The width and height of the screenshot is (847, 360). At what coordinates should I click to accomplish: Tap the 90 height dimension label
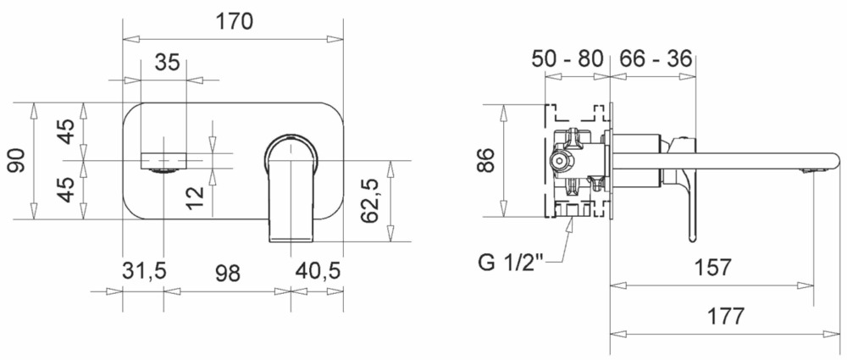tap(14, 159)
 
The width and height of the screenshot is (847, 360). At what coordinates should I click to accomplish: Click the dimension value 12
tap(196, 196)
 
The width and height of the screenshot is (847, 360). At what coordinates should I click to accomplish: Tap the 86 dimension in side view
tap(485, 159)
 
